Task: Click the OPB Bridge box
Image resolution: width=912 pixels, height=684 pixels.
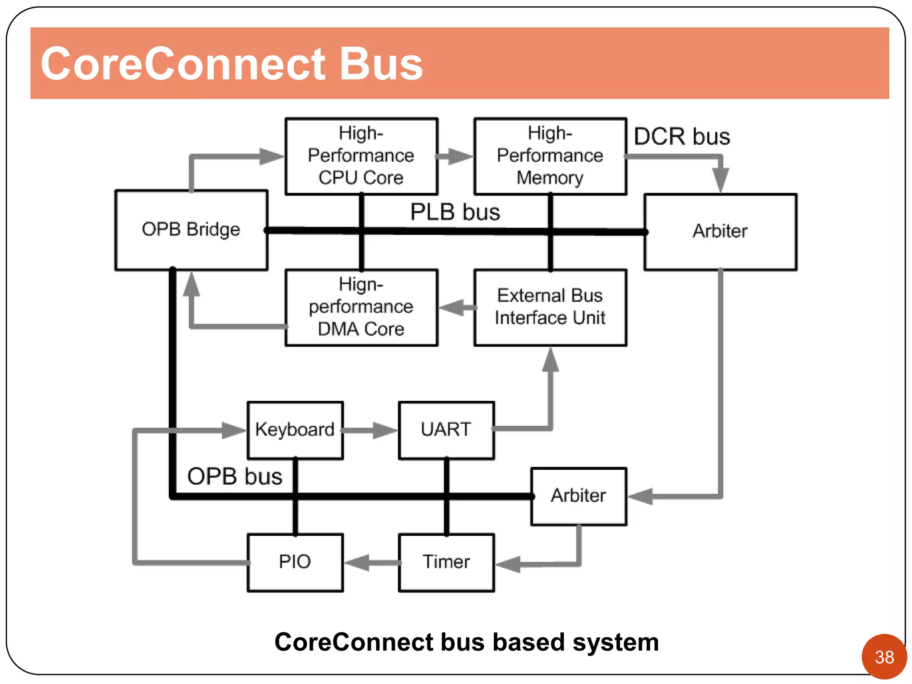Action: (191, 230)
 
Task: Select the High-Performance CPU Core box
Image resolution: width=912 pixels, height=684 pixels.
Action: (361, 156)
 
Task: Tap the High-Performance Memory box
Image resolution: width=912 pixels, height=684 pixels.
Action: (550, 156)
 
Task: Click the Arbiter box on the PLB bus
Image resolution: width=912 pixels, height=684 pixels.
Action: (720, 232)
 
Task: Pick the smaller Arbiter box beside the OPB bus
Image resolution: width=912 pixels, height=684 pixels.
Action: (578, 496)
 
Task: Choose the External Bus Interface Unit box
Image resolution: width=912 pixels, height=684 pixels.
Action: (550, 307)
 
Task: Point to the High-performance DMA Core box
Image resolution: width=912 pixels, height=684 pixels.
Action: (361, 307)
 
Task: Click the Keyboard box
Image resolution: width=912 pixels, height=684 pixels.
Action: (295, 430)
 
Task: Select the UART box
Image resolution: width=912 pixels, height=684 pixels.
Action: (446, 430)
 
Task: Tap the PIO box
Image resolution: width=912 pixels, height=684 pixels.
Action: (295, 562)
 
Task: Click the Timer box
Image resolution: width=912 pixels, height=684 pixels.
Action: (446, 562)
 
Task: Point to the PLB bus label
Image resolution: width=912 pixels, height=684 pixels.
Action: (455, 212)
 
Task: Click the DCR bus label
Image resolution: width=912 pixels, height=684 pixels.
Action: (681, 137)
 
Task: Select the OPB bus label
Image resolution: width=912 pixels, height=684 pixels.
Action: (235, 476)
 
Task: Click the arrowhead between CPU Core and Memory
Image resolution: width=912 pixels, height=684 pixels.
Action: (460, 156)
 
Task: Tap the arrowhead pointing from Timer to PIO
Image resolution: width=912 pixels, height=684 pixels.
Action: (358, 563)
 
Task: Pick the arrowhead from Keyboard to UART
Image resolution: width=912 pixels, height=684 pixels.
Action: (384, 430)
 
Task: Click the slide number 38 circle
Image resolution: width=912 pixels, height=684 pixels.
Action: (884, 657)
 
